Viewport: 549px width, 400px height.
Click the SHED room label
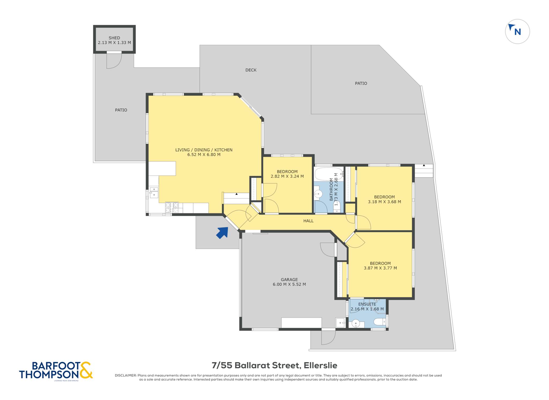(114, 38)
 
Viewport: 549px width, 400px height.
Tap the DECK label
(251, 70)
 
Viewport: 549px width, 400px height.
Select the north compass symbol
(517, 31)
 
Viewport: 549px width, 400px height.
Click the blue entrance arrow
(222, 232)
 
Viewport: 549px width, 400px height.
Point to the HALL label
(308, 221)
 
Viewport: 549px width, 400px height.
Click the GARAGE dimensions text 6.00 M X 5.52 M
(289, 284)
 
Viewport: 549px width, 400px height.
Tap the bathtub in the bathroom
(329, 174)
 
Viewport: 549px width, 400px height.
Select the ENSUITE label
(367, 304)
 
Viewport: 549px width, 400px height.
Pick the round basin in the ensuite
(356, 324)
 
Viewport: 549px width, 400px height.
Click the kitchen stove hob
(172, 208)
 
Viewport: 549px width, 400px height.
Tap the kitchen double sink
(154, 193)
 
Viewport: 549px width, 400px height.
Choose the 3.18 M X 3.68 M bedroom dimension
(384, 202)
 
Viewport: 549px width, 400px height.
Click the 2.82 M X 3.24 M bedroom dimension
(287, 176)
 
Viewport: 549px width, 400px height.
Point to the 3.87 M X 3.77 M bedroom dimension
(380, 268)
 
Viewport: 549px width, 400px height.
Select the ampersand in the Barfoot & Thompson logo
(86, 370)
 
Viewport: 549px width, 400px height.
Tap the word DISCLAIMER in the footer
(126, 375)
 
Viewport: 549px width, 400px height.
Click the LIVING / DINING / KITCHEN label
(204, 150)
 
